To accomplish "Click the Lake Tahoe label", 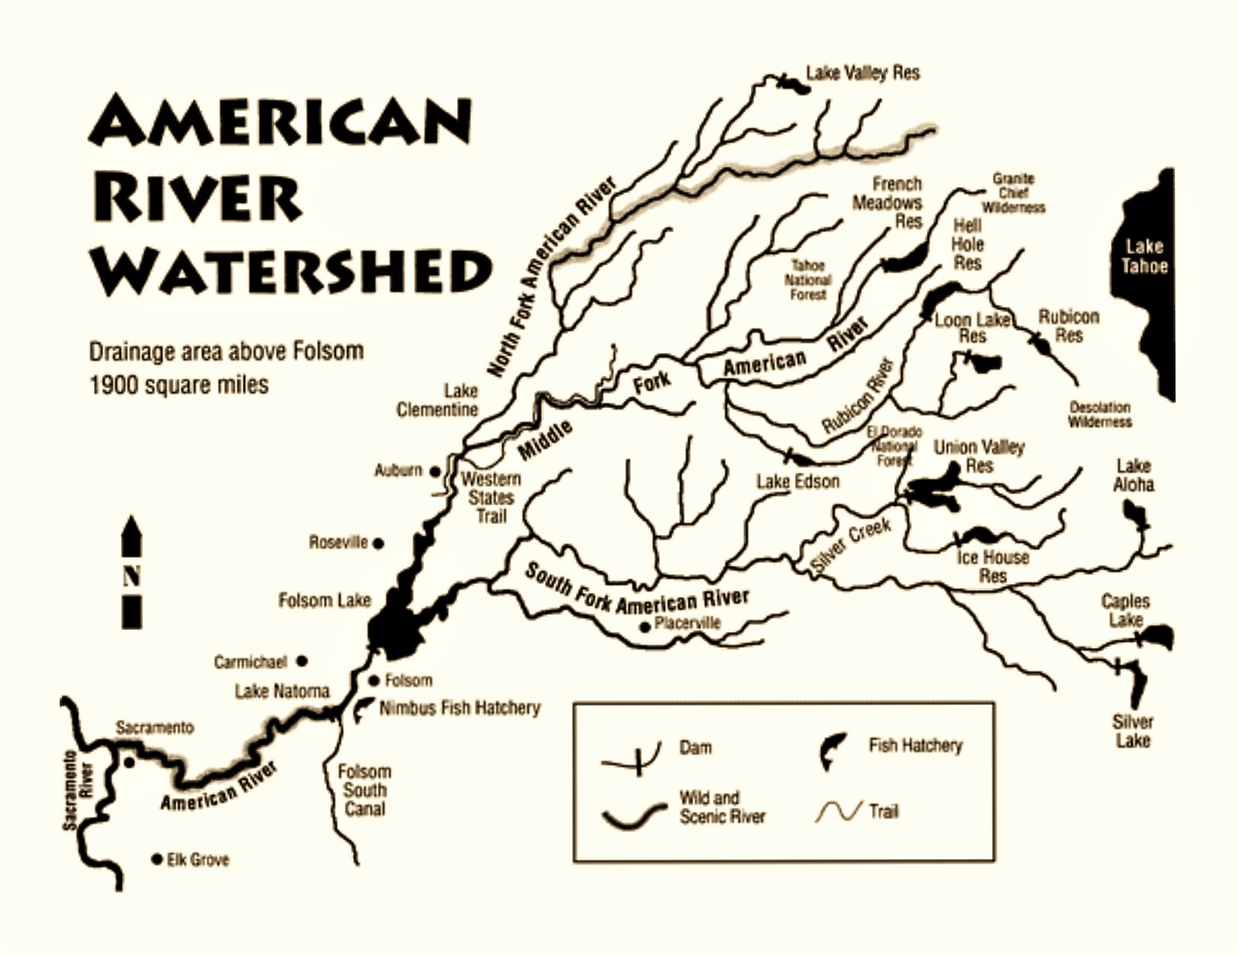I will point(1144,256).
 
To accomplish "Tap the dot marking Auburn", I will point(434,471).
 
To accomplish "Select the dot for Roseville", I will point(379,543).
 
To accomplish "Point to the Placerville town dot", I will point(644,627).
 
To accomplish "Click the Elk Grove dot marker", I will point(156,858).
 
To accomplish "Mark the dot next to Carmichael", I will point(301,661).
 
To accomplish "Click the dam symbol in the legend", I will point(635,759).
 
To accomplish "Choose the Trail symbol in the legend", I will point(838,812).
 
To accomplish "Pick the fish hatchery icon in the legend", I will point(833,750).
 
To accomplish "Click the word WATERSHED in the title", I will point(291,271).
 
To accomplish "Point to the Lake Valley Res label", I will point(862,73).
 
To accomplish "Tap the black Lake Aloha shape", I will point(1134,516).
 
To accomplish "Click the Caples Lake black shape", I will point(1158,637).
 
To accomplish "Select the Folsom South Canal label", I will point(365,790).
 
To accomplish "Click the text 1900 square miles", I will point(179,385).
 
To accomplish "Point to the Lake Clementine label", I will point(437,400).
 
